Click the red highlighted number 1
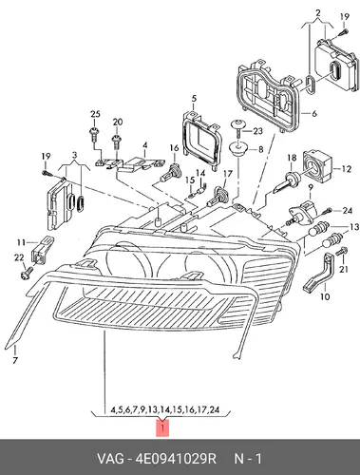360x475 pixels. [162, 428]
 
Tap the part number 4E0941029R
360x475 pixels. [176, 459]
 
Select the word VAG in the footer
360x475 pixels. [110, 459]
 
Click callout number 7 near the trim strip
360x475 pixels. [15, 360]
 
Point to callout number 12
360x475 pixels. [347, 169]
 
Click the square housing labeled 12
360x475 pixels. [317, 164]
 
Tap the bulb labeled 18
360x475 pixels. [287, 182]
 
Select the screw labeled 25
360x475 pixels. [94, 134]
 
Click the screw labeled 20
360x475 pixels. [117, 142]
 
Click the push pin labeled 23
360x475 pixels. [237, 127]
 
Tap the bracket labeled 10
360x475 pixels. [320, 273]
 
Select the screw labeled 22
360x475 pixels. [26, 273]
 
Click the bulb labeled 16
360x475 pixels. [169, 173]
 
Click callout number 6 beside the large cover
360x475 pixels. [314, 113]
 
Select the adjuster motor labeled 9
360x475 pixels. [301, 212]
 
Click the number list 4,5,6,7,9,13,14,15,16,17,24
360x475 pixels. [164, 409]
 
